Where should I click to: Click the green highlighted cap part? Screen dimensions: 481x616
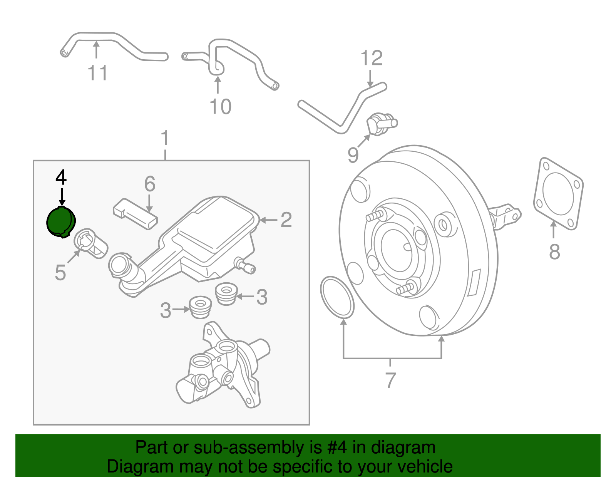tap(60, 222)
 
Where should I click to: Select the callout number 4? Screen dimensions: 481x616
tap(61, 178)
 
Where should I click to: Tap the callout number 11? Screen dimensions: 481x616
tap(97, 73)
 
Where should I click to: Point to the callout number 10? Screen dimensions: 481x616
tap(220, 107)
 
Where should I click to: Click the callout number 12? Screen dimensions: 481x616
tap(372, 59)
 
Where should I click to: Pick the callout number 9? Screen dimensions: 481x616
tap(353, 155)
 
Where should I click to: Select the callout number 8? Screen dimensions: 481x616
tap(554, 252)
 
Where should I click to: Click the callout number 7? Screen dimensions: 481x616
tap(390, 380)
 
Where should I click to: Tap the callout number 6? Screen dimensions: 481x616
tap(150, 184)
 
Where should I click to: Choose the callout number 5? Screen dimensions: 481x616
tap(60, 273)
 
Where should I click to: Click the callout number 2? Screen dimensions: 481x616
tap(286, 220)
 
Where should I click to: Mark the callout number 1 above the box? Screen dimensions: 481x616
tap(165, 138)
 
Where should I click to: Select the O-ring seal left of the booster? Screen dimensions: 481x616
tap(337, 297)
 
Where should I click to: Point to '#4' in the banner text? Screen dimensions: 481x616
tap(337, 448)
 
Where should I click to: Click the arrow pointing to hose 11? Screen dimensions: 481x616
tap(96, 50)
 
